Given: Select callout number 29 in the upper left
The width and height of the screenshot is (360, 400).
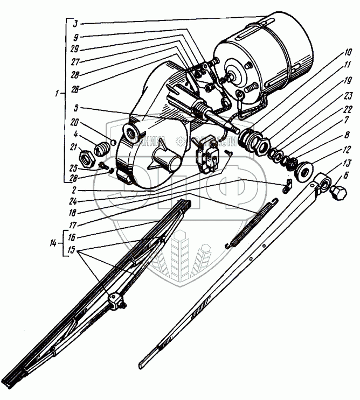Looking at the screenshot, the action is click(75, 48).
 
